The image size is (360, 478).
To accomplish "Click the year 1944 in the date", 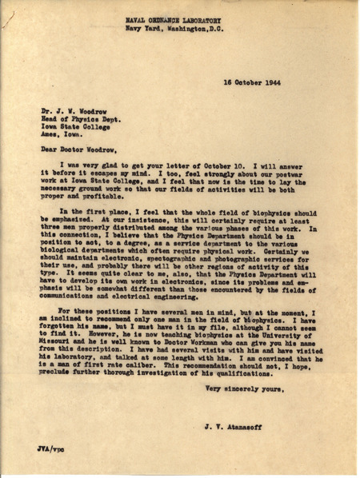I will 274,82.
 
